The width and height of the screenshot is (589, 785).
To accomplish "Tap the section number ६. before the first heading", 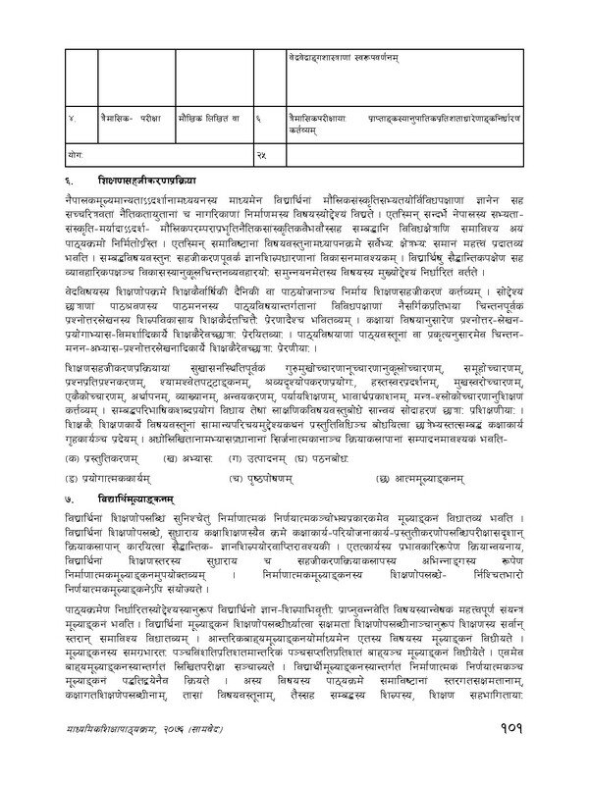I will [x=72, y=181].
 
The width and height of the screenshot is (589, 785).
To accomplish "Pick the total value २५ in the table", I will [x=260, y=155].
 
